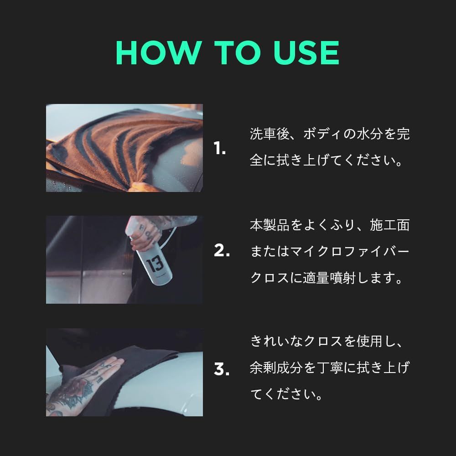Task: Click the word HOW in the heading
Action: tap(159, 52)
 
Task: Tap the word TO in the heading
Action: tap(237, 52)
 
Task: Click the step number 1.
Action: tap(220, 148)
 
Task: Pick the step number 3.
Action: tap(222, 369)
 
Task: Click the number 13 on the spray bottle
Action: tap(155, 264)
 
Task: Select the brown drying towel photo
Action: tap(124, 148)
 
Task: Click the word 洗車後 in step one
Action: tap(269, 134)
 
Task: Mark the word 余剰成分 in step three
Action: tap(276, 368)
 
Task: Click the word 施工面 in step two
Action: tap(390, 225)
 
